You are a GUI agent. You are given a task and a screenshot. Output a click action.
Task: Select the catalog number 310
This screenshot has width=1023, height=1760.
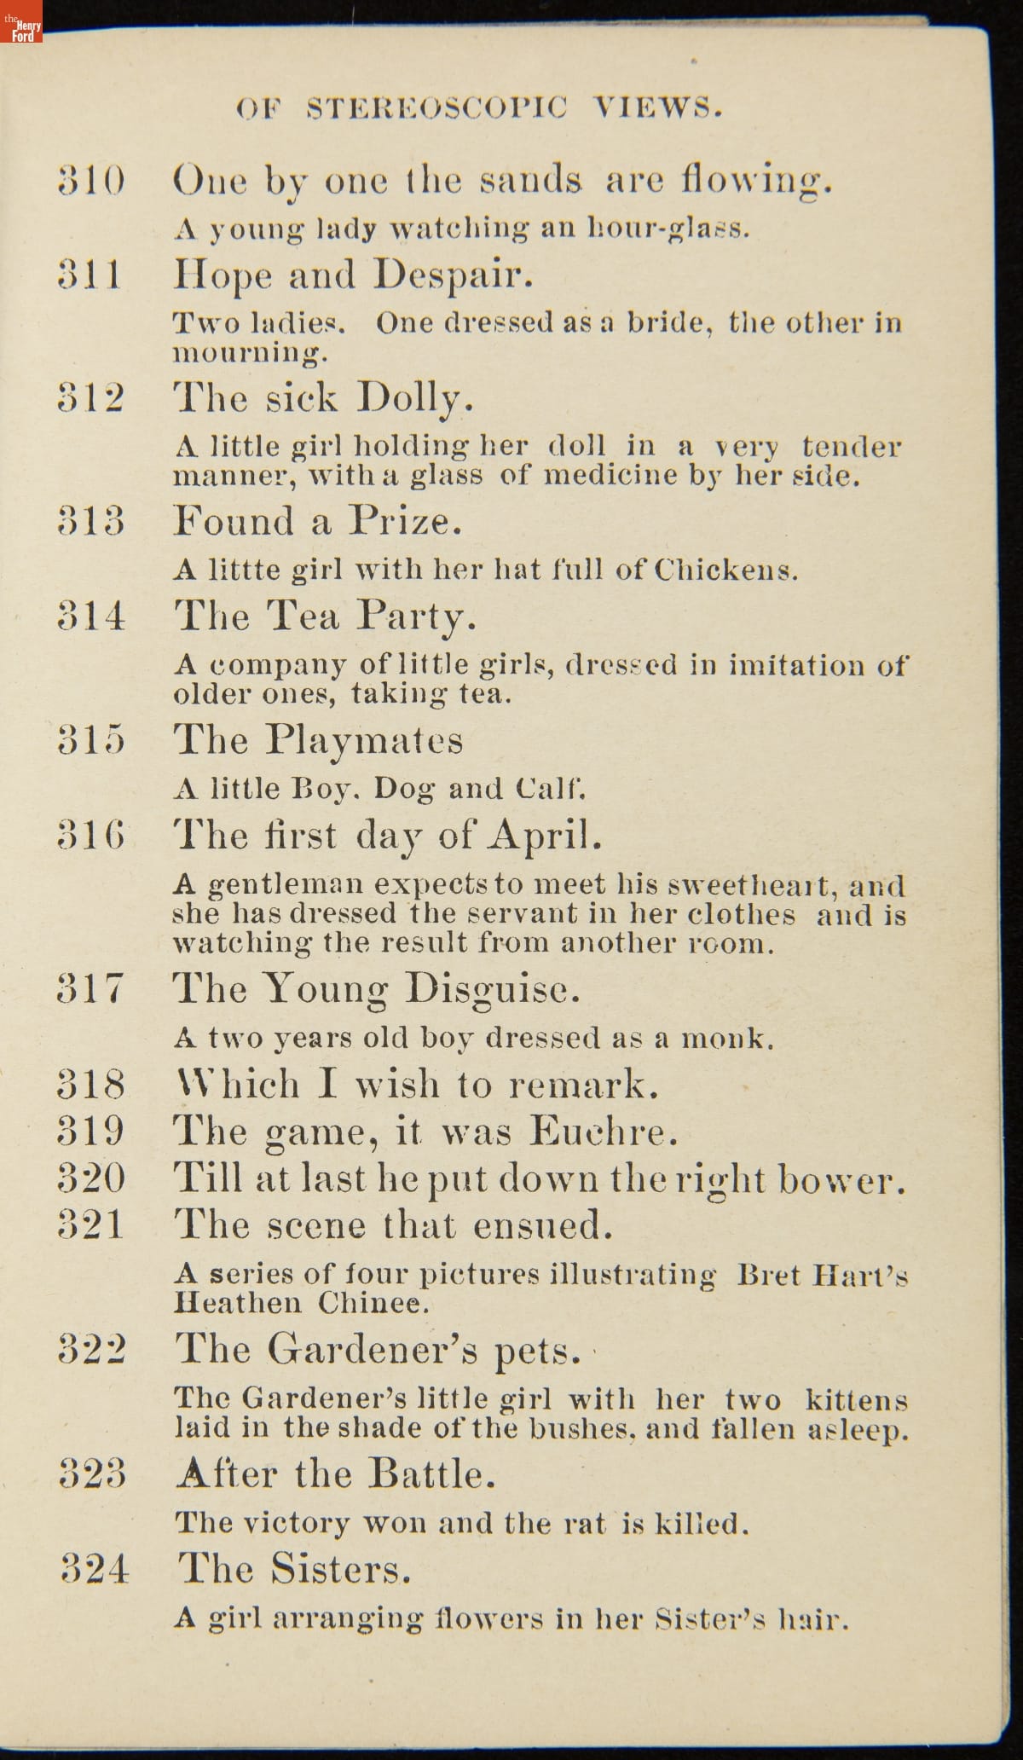(91, 181)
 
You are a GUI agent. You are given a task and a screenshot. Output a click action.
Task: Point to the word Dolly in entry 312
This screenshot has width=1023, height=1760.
(413, 398)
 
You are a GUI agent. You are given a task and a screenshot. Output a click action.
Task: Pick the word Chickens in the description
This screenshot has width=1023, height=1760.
(725, 570)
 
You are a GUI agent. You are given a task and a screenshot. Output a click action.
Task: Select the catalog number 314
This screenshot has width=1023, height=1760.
(91, 616)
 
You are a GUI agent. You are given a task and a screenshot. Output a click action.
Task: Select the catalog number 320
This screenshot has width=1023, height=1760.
(91, 1178)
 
